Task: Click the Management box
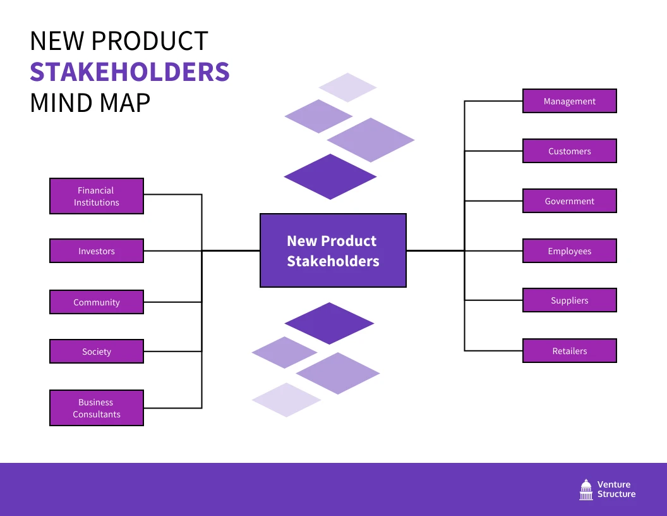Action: [569, 101]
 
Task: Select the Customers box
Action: [569, 151]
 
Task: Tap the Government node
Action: [569, 201]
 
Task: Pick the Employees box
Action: [569, 251]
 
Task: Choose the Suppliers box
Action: [569, 300]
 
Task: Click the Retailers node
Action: [569, 351]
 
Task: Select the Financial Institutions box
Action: [97, 196]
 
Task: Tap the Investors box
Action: [97, 251]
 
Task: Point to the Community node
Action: [97, 302]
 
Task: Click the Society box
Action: [97, 352]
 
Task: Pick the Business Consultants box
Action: [97, 408]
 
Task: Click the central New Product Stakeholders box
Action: [333, 250]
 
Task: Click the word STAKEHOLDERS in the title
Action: [129, 72]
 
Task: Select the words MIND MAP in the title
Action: [90, 103]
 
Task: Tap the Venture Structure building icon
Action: [586, 489]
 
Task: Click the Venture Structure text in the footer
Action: [616, 489]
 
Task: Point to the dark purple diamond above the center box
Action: [330, 177]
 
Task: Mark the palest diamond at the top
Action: [347, 87]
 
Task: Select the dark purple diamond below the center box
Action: [329, 323]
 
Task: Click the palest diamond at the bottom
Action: [286, 400]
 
